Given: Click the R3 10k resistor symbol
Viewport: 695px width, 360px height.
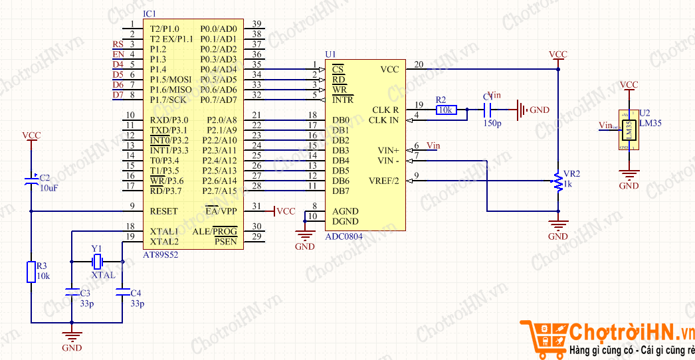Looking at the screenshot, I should pos(31,272).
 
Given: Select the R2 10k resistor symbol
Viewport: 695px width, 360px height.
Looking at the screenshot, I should pos(447,110).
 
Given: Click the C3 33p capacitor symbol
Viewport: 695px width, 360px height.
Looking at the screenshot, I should pos(72,292).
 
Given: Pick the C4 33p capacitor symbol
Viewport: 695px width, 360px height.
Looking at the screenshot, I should pos(122,292).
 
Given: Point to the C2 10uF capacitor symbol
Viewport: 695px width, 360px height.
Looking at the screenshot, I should pos(31,181).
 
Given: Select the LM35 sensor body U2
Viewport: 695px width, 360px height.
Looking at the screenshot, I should pos(628,130).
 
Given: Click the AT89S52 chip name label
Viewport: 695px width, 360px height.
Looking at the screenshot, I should pos(160,254).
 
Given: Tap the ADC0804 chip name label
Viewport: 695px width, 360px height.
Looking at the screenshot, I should pos(344,236).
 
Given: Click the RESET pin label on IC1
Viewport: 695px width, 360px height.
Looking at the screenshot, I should pos(163,211).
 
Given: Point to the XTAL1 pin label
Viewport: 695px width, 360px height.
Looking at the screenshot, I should pos(164,232).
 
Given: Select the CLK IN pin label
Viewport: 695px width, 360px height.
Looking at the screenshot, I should pos(383,120).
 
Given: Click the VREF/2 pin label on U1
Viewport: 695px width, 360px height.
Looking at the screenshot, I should pos(384,181).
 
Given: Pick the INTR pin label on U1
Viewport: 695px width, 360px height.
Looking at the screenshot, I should pos(343,100).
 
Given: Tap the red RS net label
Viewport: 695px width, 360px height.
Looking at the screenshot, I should pos(118,45).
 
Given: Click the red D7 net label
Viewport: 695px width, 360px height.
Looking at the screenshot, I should pos(118,95).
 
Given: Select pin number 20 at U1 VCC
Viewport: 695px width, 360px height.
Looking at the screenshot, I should pos(419,64).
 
